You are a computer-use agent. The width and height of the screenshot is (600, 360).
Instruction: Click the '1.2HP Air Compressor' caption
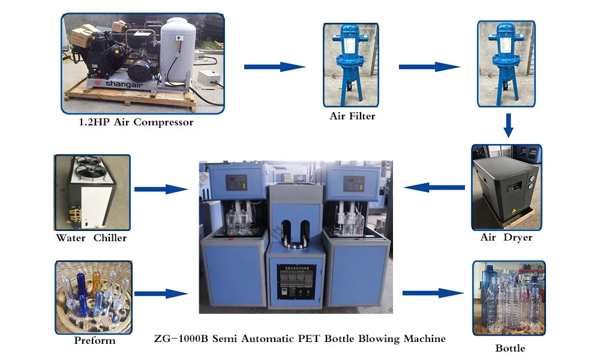pos(136,122)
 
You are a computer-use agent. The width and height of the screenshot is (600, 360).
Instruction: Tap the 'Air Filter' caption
pos(352,116)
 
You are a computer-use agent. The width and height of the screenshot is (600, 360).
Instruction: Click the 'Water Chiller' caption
pos(91,238)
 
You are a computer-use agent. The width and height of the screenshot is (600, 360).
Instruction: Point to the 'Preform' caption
pos(94,341)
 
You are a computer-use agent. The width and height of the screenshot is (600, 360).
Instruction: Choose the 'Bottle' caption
pos(510,348)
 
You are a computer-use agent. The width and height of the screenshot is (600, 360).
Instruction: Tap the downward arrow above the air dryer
pos(508,125)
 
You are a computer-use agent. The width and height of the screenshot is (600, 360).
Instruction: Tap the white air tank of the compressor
pos(178,51)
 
